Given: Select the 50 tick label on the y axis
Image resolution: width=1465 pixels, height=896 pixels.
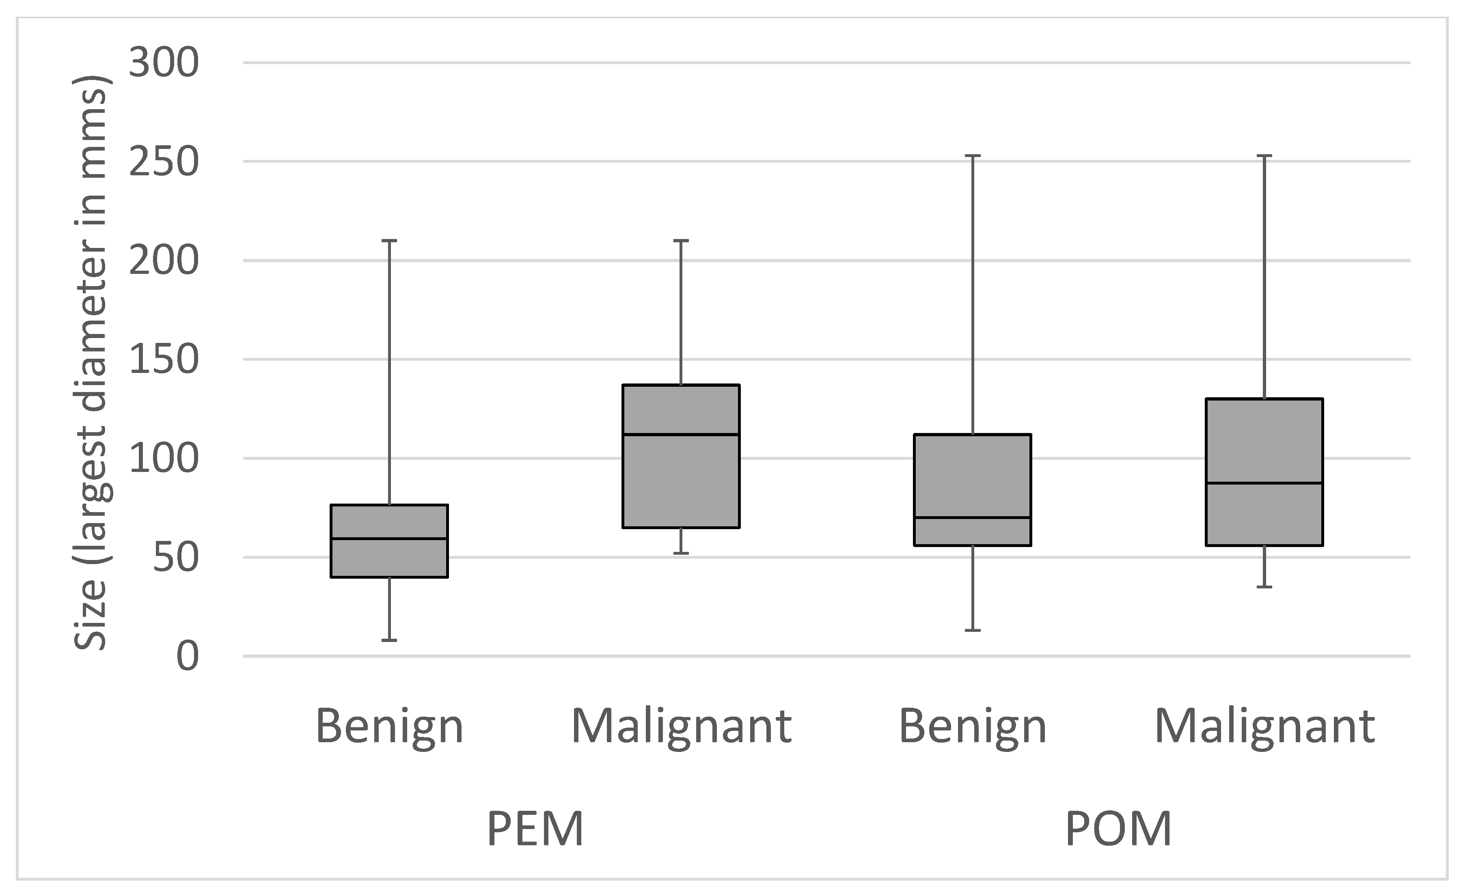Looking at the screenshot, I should tap(175, 558).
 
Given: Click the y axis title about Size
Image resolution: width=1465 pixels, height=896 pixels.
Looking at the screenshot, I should tap(91, 363).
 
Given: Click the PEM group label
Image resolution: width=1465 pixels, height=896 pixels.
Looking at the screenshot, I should tap(535, 829).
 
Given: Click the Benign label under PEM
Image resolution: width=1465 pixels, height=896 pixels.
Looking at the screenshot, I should tap(389, 726).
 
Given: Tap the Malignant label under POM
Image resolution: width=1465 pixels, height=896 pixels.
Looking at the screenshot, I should tap(1264, 726).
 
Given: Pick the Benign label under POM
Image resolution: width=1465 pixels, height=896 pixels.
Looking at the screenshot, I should tap(972, 726).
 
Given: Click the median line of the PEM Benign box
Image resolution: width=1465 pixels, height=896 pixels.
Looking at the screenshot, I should tap(389, 538).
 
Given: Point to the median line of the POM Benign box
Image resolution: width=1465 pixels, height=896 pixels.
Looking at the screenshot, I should tap(972, 518).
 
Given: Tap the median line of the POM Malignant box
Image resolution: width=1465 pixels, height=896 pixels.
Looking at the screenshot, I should tap(1264, 483).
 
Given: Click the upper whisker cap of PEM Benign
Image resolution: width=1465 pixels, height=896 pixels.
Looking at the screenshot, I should tap(389, 241).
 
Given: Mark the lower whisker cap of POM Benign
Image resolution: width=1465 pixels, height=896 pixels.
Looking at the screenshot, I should tap(972, 630).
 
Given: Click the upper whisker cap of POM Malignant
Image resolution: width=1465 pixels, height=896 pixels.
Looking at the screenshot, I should tap(1264, 156).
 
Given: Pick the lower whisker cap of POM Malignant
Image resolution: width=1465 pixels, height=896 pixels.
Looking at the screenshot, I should tap(1264, 588).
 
